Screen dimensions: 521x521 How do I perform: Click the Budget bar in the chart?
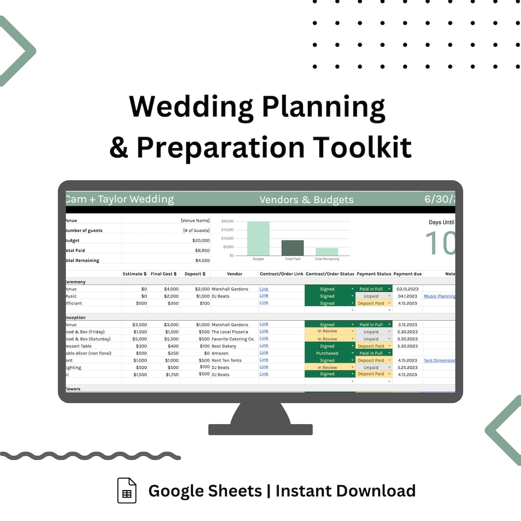[x=258, y=238]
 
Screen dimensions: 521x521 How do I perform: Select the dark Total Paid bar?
[x=292, y=248]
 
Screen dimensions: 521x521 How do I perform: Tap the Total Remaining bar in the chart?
[x=327, y=252]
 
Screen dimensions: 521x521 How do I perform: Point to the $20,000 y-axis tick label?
[x=227, y=221]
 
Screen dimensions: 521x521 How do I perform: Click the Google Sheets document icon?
[x=127, y=491]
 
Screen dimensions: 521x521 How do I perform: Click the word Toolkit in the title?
[x=362, y=147]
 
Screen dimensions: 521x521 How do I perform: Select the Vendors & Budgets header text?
[x=306, y=200]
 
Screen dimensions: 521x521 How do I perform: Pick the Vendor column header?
[x=234, y=274]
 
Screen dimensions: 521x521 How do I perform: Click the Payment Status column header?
[x=374, y=274]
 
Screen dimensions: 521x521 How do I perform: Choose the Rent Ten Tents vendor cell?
[x=227, y=360]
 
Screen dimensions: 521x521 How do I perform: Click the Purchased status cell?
[x=328, y=353]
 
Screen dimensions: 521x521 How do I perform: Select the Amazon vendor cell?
[x=220, y=353]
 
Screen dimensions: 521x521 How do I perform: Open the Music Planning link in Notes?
[x=439, y=296]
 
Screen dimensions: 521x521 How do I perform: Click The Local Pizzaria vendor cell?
[x=230, y=332]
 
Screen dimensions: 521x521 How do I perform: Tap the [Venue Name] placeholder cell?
[x=195, y=220]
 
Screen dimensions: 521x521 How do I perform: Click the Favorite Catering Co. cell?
[x=233, y=339]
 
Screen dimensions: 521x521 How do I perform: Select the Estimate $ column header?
[x=135, y=274]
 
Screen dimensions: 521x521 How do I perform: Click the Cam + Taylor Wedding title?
[x=120, y=199]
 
